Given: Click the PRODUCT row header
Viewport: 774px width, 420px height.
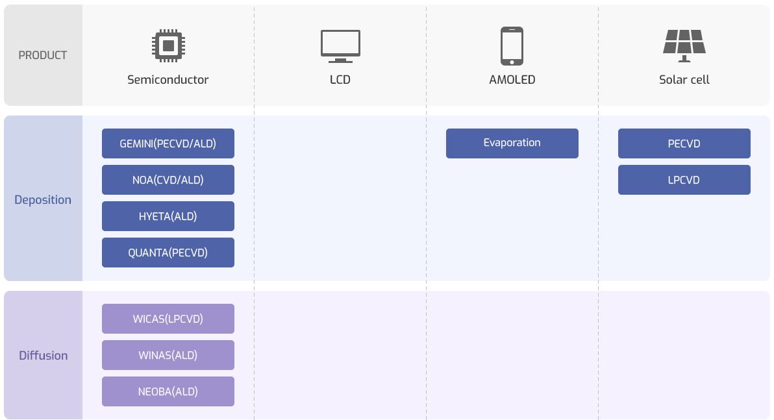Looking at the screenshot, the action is coord(43,55).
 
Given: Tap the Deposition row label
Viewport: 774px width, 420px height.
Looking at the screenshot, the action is coord(43,199).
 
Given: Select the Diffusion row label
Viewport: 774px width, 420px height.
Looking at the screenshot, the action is coord(43,355).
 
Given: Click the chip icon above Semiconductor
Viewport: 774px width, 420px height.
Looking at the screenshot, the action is coord(168,45).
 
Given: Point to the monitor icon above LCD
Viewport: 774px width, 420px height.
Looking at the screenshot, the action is coord(340,46).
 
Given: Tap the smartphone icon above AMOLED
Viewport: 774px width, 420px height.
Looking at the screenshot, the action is coord(512,46).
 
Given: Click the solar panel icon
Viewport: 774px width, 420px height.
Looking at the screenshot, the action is coord(684,45).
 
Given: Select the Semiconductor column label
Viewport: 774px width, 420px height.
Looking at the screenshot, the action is coord(168,80).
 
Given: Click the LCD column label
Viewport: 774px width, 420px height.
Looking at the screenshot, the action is coord(340,80).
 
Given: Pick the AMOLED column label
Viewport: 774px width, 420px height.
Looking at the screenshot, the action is coord(512,80).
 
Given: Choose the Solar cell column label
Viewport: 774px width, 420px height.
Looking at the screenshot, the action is coord(684,80).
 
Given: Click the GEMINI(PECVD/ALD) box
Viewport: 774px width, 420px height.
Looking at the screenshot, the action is coord(168,143).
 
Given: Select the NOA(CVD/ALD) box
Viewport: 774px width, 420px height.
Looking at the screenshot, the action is coord(168,180).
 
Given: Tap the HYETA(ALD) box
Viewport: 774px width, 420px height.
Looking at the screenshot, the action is coord(168,216).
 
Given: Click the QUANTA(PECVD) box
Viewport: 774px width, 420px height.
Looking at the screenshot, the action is coord(168,253).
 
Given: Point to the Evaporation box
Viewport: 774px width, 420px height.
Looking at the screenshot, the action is coord(512,143).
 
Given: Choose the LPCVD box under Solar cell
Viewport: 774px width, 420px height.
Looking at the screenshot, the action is coord(684,180).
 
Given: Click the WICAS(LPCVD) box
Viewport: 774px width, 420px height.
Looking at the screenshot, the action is coord(168,319).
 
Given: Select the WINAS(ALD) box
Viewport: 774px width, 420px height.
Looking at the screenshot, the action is coord(168,355).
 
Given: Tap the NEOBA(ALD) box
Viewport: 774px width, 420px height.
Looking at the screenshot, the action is coord(168,391).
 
